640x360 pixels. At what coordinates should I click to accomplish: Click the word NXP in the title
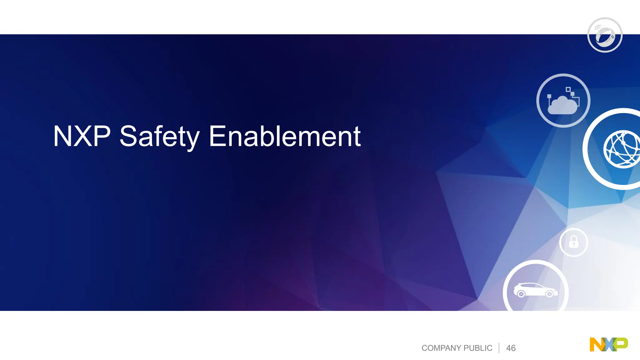82,136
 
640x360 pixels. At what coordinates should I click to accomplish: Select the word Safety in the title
159,137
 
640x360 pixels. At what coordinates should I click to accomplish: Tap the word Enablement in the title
285,136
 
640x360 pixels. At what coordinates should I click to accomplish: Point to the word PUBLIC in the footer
478,348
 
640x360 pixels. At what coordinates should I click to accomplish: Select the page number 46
511,348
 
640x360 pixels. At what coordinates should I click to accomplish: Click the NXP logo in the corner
608,345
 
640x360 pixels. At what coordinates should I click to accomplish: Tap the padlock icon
573,242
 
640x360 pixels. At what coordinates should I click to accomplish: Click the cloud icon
562,105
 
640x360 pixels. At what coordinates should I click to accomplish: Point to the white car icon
535,290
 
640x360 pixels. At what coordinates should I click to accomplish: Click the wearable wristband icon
605,35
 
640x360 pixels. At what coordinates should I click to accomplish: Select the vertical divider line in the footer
499,348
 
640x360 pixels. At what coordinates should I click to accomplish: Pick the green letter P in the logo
621,344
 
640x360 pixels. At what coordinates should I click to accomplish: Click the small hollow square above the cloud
568,90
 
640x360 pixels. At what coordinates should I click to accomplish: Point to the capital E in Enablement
217,136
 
